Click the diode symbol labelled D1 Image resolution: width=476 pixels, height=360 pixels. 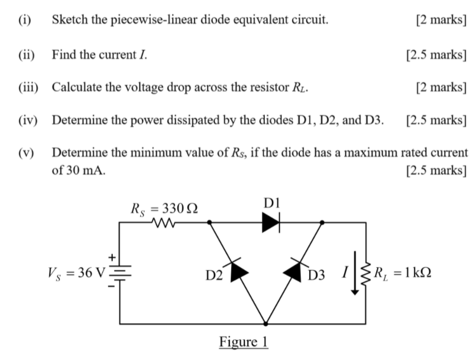271,223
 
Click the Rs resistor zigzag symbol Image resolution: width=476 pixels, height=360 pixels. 161,223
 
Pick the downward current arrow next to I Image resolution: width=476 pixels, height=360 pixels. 354,273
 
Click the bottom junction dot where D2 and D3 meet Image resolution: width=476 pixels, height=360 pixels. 265,323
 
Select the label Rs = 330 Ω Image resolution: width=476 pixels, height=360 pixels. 164,207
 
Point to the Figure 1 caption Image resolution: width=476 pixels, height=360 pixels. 244,342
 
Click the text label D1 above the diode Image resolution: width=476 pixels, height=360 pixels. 271,203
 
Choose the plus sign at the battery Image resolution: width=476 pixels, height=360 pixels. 110,258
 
